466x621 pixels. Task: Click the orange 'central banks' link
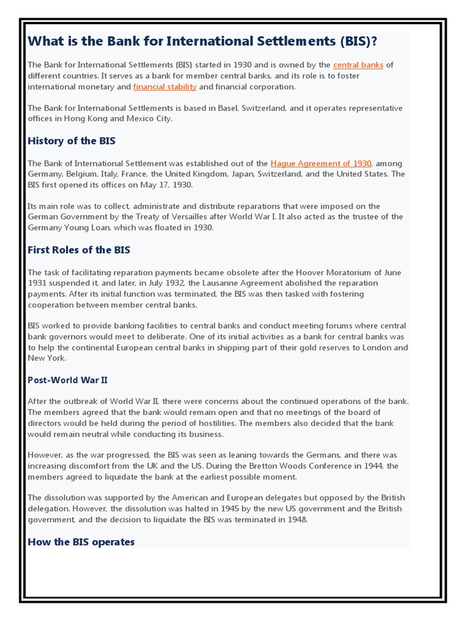tap(358, 65)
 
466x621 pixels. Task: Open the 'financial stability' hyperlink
tap(165, 87)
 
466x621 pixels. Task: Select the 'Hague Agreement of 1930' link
tap(320, 163)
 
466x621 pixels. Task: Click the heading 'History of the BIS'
tap(72, 141)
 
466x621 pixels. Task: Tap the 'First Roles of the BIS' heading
tap(79, 250)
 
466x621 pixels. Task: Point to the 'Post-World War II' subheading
tap(68, 380)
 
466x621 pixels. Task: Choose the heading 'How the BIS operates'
tap(81, 542)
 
